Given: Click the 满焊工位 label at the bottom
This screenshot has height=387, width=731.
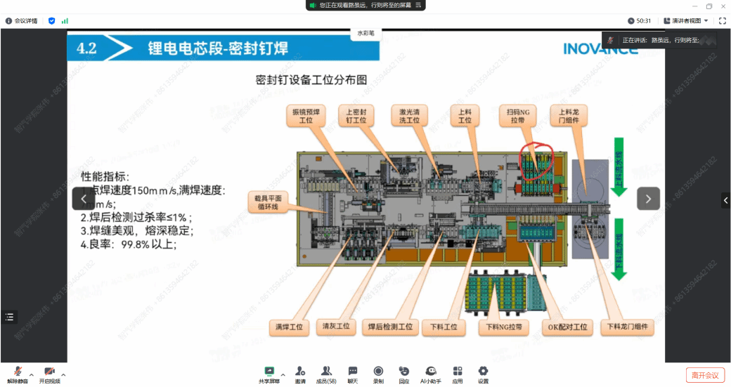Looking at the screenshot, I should click(289, 327).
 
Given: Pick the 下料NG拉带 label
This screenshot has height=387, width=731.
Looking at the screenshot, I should click(504, 327).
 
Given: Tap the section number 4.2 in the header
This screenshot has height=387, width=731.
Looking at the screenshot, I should click(86, 48).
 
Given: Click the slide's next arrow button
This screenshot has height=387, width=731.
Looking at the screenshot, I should click(648, 199).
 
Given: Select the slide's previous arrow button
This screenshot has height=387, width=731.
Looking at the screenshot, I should click(83, 199).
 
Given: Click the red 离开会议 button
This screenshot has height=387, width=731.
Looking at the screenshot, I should click(705, 375).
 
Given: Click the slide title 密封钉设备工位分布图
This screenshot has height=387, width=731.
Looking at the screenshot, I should click(311, 80).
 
